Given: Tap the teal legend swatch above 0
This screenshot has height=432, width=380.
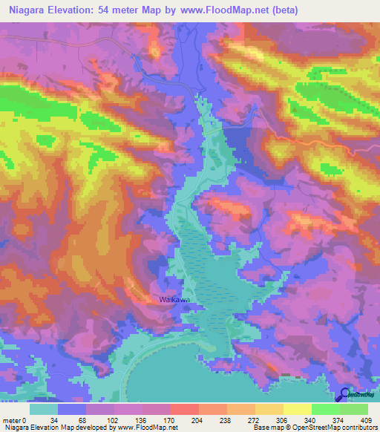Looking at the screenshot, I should (44, 409).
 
